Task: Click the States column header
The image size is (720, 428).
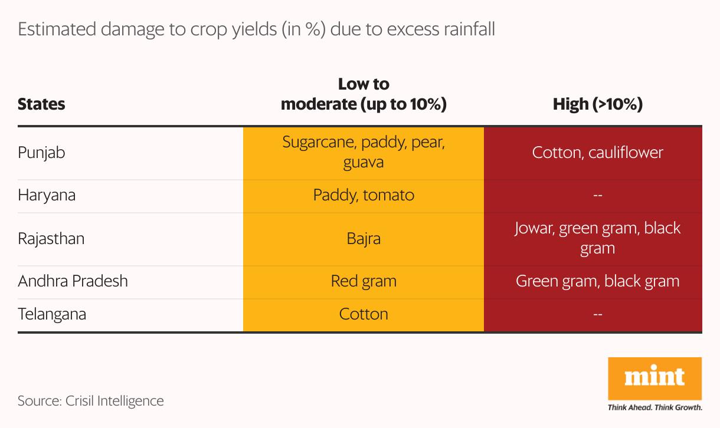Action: click(x=41, y=104)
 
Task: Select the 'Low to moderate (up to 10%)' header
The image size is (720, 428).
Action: click(x=364, y=94)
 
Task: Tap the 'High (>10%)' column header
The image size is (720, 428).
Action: click(x=597, y=104)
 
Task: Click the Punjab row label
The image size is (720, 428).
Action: click(x=41, y=153)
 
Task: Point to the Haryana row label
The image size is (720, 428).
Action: click(x=47, y=195)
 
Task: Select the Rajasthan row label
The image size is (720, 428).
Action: click(x=51, y=239)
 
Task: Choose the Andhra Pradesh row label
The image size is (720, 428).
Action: click(x=73, y=281)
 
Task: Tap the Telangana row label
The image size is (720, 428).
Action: click(x=52, y=314)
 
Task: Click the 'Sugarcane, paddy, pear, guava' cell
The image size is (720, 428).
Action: click(x=364, y=152)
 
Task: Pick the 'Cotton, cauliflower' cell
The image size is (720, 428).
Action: click(x=597, y=153)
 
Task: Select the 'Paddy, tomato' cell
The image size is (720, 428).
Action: click(x=364, y=195)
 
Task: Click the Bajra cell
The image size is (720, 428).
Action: click(x=364, y=239)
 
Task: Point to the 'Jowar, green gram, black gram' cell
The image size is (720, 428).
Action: click(x=597, y=238)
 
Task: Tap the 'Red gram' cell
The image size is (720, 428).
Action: click(x=364, y=281)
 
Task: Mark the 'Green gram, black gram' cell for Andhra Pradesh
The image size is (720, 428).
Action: click(x=597, y=281)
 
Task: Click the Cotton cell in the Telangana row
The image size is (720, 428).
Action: click(x=364, y=314)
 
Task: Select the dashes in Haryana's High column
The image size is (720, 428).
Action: click(x=597, y=195)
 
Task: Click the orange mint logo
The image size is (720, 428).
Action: click(x=654, y=378)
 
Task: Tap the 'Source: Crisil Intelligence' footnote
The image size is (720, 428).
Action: click(x=91, y=401)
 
